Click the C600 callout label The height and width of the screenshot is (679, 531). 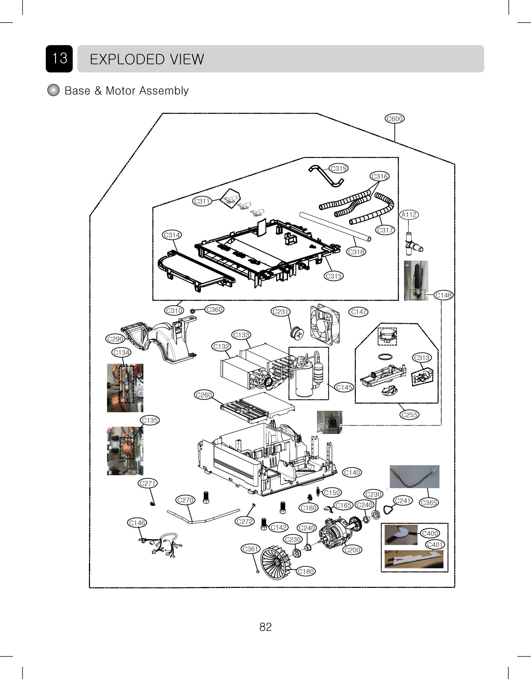(x=395, y=119)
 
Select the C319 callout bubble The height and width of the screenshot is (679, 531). (x=338, y=168)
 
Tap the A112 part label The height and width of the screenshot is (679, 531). (x=409, y=215)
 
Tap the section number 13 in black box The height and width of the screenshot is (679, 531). (x=59, y=59)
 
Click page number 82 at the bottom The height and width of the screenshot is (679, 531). (x=265, y=627)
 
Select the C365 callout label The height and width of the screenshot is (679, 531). (x=429, y=502)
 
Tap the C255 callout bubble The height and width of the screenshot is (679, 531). (x=409, y=415)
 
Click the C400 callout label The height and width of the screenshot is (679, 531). (x=430, y=533)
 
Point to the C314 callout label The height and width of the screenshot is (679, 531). (x=172, y=235)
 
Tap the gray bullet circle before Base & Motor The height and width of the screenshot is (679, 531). (x=53, y=90)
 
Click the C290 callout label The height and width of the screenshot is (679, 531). (x=115, y=339)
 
